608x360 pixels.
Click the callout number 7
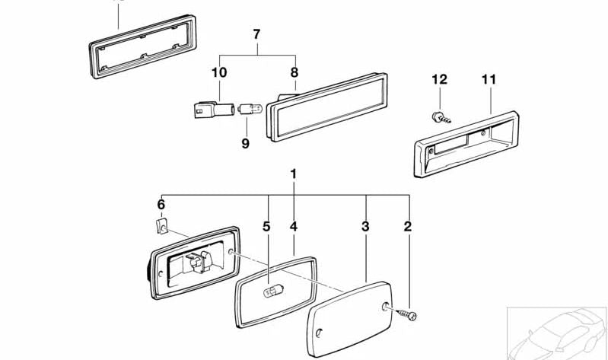click(256, 34)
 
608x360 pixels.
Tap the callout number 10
click(219, 72)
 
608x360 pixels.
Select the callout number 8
click(294, 72)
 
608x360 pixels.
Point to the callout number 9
click(246, 144)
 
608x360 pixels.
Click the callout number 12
click(439, 79)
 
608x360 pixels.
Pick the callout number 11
click(489, 79)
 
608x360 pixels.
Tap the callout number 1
click(294, 174)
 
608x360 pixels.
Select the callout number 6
click(161, 205)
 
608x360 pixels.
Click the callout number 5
click(266, 227)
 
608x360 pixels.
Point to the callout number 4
click(294, 227)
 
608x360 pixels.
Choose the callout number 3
click(365, 227)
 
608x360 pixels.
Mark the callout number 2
click(408, 227)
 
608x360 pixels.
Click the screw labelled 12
click(441, 117)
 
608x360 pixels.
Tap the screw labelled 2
click(407, 314)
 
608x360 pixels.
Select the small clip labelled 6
click(162, 227)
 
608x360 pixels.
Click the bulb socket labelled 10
click(214, 110)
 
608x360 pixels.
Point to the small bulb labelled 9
click(250, 109)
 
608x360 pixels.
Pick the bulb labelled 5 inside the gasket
click(273, 291)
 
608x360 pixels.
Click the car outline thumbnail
click(557, 333)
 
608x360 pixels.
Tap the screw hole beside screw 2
click(386, 307)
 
